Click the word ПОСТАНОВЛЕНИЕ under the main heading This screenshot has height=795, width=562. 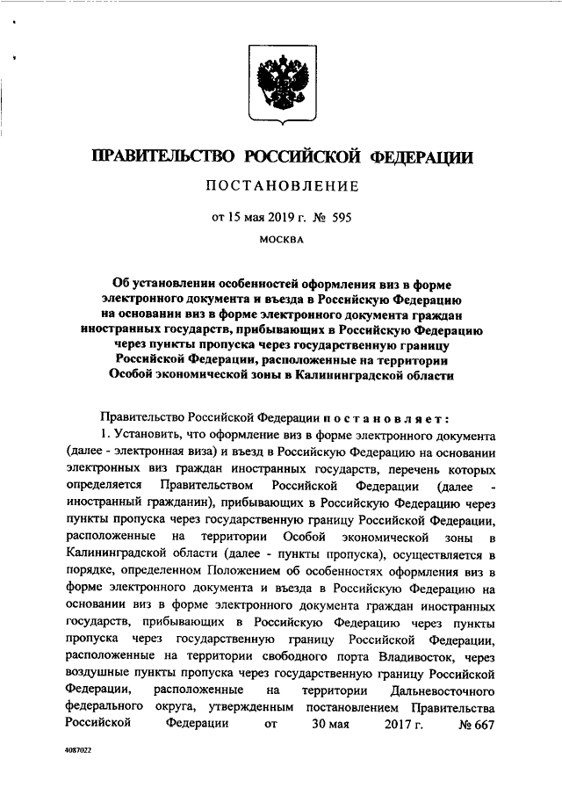coord(281,185)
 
